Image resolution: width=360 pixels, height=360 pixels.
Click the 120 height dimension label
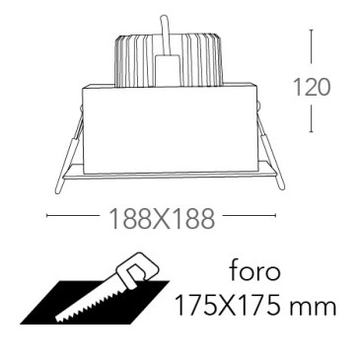[x=311, y=88]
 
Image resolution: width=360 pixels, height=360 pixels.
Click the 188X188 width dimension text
[x=162, y=219]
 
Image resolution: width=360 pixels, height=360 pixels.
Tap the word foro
[x=255, y=271]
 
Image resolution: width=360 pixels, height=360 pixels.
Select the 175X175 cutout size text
[x=228, y=307]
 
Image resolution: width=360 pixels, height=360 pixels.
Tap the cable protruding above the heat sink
[x=166, y=36]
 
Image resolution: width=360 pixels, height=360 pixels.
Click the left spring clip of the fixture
[x=69, y=151]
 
